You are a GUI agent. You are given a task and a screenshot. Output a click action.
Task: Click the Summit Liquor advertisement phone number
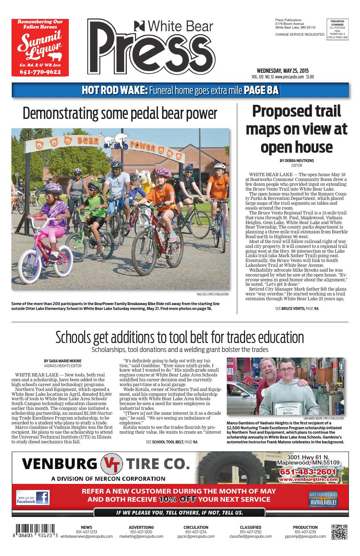pyautogui.click(x=40, y=72)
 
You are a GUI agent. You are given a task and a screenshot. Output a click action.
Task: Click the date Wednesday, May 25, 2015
pyautogui.click(x=283, y=71)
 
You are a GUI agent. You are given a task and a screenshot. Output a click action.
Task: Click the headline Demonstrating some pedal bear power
pyautogui.click(x=120, y=114)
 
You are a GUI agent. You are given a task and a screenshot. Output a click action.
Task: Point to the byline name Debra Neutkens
pyautogui.click(x=296, y=161)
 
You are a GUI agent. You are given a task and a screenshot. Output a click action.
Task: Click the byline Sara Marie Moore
pyautogui.click(x=62, y=361)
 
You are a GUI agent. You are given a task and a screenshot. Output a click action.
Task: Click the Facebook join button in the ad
pyautogui.click(x=33, y=498)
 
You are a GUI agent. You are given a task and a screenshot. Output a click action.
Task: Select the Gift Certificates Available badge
pyautogui.click(x=323, y=500)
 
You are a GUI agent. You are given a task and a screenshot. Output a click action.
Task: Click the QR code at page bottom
pyautogui.click(x=339, y=532)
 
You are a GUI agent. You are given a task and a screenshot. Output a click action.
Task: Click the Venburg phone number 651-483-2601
pyautogui.click(x=308, y=472)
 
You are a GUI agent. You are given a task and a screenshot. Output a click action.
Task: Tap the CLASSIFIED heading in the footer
pyautogui.click(x=250, y=527)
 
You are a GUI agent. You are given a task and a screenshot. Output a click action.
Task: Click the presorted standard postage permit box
pyautogui.click(x=337, y=29)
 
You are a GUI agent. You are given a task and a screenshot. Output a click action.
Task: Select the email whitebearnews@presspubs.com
pyautogui.click(x=86, y=537)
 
